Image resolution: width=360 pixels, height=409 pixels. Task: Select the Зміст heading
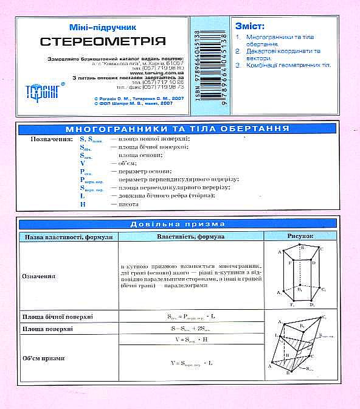[249, 26]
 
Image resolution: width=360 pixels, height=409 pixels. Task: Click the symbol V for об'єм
[82, 163]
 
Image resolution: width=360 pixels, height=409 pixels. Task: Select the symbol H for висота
[82, 204]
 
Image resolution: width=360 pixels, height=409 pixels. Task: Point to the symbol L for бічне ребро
[82, 195]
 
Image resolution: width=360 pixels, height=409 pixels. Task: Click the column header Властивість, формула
[190, 236]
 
